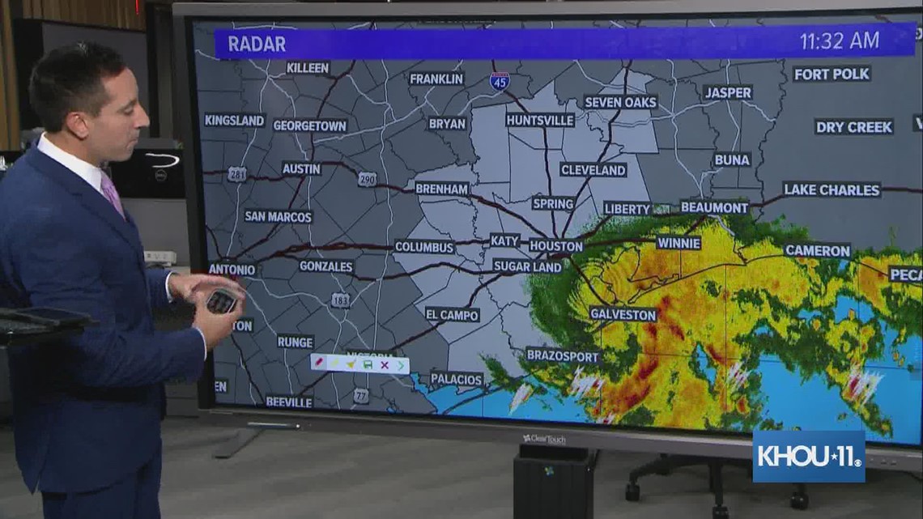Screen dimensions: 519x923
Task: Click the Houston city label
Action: click(555, 245)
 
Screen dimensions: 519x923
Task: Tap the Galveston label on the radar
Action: click(623, 314)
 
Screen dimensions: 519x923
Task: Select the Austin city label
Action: click(301, 168)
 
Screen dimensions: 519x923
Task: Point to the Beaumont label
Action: click(714, 207)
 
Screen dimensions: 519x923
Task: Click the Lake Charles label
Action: click(832, 189)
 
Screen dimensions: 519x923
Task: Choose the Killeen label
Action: click(308, 68)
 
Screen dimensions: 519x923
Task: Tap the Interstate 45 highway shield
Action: click(500, 80)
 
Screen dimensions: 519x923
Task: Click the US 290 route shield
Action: click(367, 179)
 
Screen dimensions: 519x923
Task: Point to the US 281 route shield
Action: click(237, 173)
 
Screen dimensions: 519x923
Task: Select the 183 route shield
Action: click(340, 300)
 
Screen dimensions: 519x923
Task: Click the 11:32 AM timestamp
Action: click(839, 41)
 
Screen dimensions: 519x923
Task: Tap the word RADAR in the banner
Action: click(257, 44)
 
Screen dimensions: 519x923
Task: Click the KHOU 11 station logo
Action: click(808, 456)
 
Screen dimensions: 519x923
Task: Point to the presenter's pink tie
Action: click(113, 194)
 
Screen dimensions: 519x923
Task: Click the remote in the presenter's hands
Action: click(220, 301)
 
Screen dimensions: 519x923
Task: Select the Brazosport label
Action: click(562, 355)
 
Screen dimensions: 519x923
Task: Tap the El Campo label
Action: click(452, 314)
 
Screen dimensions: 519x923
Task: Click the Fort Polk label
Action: click(832, 74)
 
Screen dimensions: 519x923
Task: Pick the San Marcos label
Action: click(278, 216)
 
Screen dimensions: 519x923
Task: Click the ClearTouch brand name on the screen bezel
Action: click(544, 439)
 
